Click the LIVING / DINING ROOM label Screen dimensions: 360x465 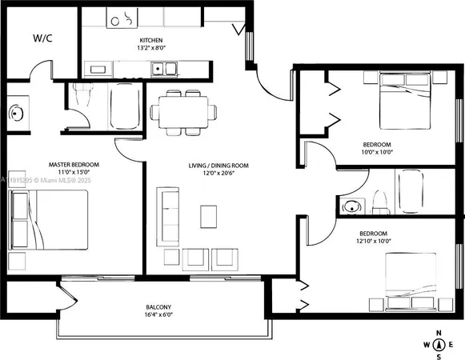218,166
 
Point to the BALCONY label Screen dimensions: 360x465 158,308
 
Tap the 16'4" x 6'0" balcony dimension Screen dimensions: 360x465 158,317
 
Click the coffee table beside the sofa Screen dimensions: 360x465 208,215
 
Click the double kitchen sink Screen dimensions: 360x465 165,69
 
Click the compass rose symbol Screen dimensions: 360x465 438,344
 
